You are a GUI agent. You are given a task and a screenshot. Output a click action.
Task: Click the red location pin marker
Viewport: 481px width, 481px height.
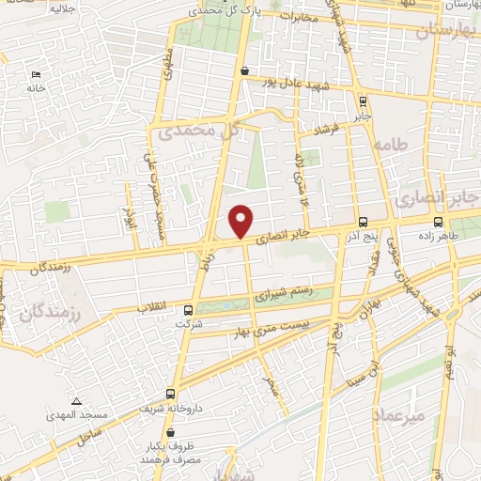[241, 221]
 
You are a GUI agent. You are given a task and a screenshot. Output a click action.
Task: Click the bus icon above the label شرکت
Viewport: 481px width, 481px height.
[188, 310]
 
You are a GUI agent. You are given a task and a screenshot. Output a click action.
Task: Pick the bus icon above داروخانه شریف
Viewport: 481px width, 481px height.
[170, 394]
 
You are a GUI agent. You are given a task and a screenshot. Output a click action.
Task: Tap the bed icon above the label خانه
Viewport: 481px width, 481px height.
[36, 74]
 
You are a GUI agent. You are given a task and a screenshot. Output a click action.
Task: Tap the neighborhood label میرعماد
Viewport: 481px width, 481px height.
[399, 413]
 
